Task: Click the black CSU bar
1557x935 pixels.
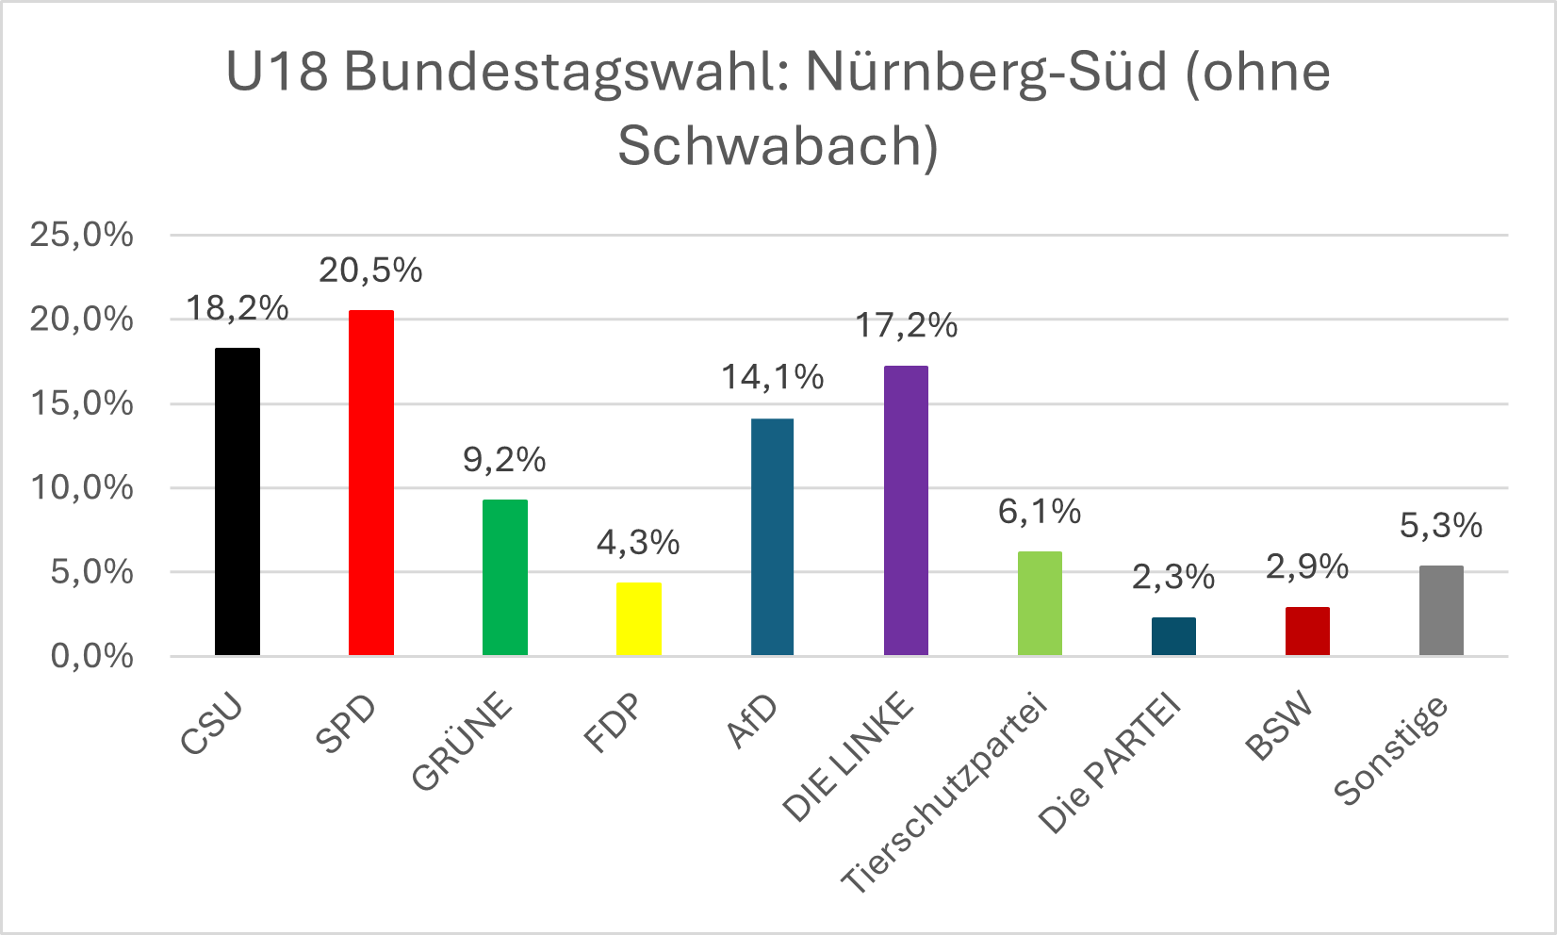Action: pyautogui.click(x=238, y=501)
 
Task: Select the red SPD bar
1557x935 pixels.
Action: pyautogui.click(x=371, y=483)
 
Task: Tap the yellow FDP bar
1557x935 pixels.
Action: pyautogui.click(x=639, y=618)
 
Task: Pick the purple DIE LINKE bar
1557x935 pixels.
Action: pyautogui.click(x=906, y=510)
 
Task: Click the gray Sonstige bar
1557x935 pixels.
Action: pyautogui.click(x=1441, y=610)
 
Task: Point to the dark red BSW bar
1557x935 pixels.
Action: pyautogui.click(x=1307, y=631)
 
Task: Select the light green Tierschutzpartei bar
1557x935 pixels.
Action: pyautogui.click(x=1040, y=603)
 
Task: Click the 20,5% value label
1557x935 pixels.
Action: pyautogui.click(x=370, y=271)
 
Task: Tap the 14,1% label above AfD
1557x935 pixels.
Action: pyautogui.click(x=772, y=378)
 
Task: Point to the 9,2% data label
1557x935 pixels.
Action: pyautogui.click(x=504, y=460)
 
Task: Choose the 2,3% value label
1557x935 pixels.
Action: pyautogui.click(x=1173, y=577)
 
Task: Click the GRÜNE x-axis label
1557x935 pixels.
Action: pyautogui.click(x=463, y=742)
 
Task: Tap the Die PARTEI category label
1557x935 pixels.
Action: pyautogui.click(x=1110, y=765)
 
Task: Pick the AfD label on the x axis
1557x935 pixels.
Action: pyautogui.click(x=754, y=721)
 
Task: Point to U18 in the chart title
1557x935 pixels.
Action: pyautogui.click(x=277, y=73)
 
